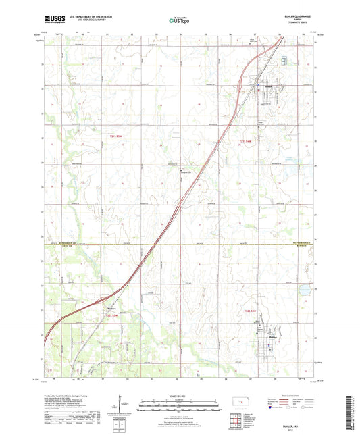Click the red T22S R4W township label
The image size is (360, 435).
pos(251,310)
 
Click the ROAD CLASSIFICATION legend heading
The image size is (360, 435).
pos(295,396)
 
